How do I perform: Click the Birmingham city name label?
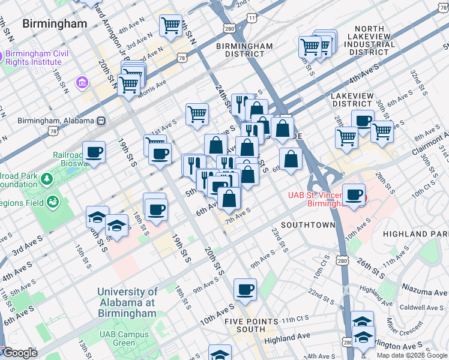point(54,24)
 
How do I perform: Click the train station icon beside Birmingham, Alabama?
point(101,120)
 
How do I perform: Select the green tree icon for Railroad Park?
point(46,178)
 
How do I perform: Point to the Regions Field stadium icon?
point(53,203)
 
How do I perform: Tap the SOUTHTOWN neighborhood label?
point(307,225)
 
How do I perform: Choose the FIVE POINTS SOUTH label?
point(251,326)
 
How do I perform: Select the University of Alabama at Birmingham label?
point(127,302)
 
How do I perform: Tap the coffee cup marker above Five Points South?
point(245,289)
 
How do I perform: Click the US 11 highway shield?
point(252,19)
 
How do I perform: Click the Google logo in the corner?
point(19,353)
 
